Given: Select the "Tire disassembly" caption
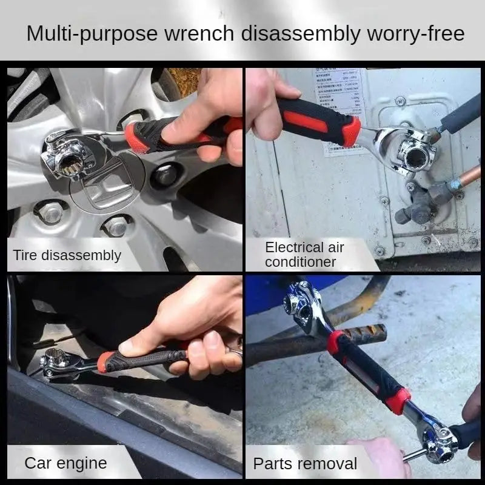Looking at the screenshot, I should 67,255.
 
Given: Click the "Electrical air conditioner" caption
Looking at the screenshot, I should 304,254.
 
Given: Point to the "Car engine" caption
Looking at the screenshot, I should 65,464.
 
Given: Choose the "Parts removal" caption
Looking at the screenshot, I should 305,464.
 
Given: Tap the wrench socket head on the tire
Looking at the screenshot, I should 67,155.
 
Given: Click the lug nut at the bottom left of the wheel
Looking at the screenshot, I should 51,212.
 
